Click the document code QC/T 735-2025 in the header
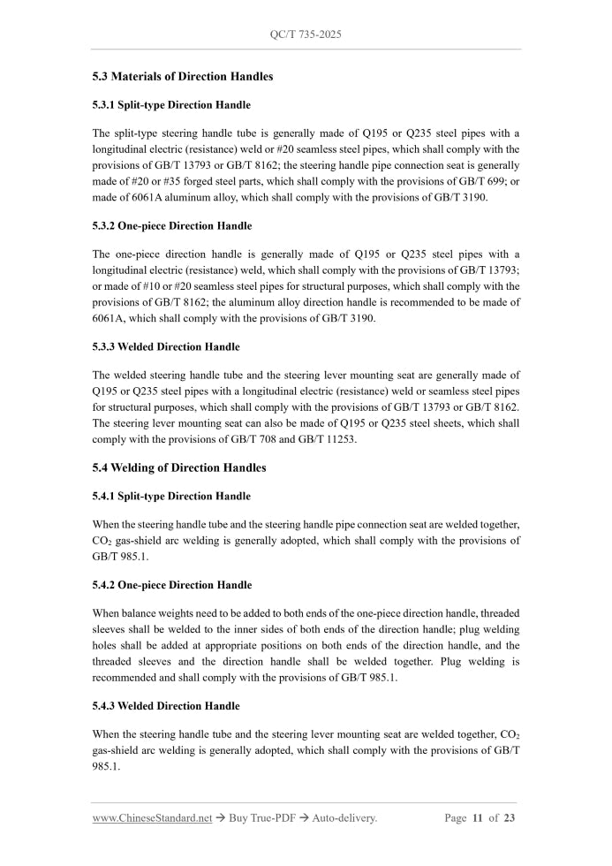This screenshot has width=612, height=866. click(306, 34)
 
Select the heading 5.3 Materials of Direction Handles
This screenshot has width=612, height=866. click(182, 77)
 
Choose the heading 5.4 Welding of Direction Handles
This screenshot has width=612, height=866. click(179, 467)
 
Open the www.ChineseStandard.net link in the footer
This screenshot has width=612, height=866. click(152, 818)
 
